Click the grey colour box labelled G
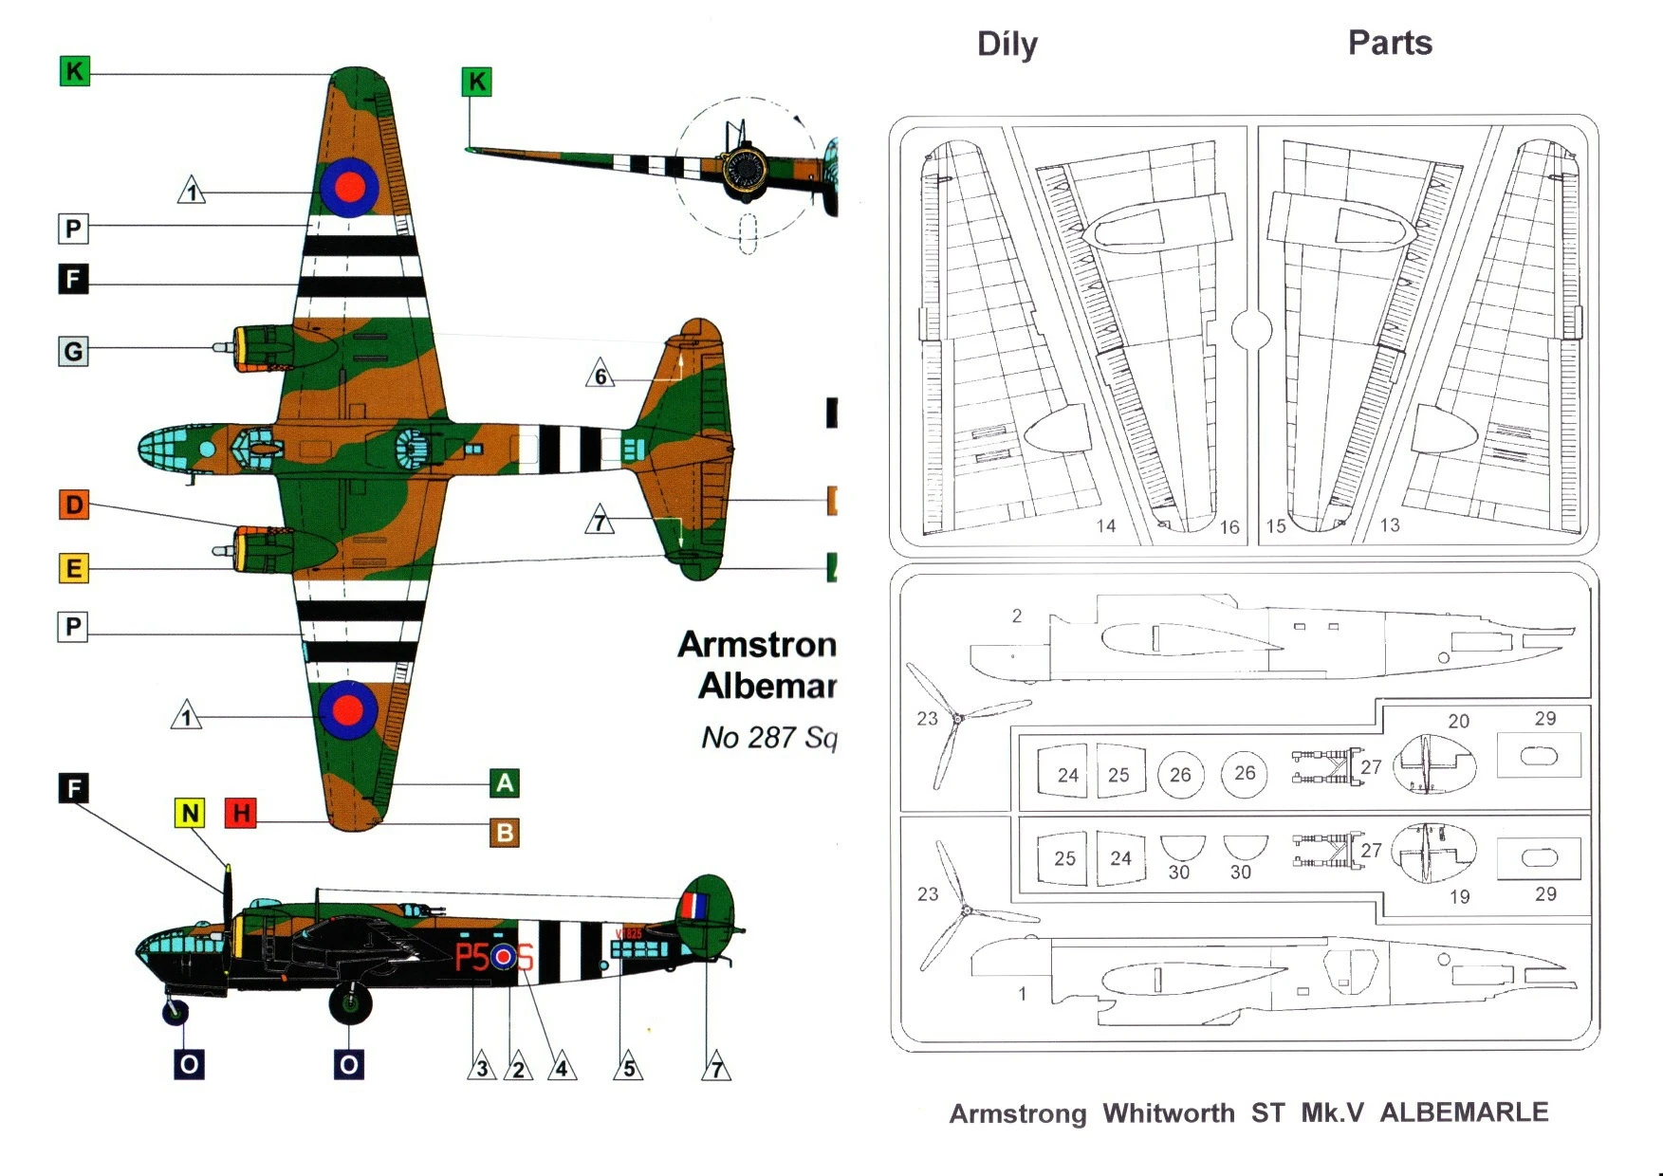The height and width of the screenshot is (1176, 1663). pos(73,351)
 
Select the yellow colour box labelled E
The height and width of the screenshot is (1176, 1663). pos(73,568)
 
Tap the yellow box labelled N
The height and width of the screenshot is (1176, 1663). pos(191,813)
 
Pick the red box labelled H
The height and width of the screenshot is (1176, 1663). pos(241,813)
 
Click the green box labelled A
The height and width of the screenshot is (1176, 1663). pos(505,783)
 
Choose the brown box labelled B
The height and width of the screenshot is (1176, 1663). pos(505,833)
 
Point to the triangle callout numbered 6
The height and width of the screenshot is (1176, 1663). pos(600,375)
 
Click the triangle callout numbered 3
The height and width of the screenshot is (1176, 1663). pos(482,1067)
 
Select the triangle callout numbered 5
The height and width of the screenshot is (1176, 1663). pos(629,1067)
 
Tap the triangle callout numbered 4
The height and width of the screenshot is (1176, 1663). pos(562,1067)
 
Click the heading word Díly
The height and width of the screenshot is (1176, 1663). pos(1007,45)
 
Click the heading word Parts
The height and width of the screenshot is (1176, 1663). pos(1390,43)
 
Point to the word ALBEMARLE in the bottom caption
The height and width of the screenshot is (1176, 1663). pos(1464,1112)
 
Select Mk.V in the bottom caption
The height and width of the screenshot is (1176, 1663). pos(1332,1112)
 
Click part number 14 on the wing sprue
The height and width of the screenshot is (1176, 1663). pos(1106,525)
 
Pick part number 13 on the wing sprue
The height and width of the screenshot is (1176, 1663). pos(1390,524)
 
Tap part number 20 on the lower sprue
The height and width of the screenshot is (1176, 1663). pos(1459,721)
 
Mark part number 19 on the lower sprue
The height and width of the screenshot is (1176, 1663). pos(1459,896)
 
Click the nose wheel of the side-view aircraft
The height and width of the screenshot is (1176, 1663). pos(176,1012)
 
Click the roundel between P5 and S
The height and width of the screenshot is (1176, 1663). pos(504,957)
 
